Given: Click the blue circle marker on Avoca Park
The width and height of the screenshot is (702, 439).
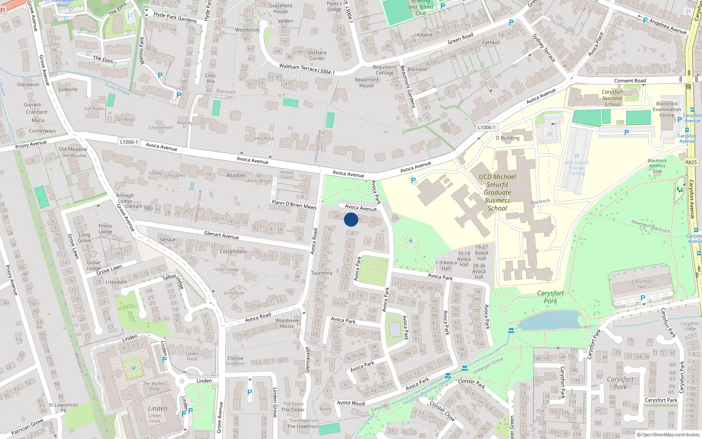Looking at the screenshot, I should point(351,219).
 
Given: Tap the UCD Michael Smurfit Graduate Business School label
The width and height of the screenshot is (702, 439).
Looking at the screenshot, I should point(497,192).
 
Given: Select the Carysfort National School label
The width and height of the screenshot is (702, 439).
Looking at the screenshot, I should point(612,98).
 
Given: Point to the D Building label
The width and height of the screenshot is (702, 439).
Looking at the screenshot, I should point(507,138).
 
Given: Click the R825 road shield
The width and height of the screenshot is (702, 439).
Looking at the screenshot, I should point(691,162).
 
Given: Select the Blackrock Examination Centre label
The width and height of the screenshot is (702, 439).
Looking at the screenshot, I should point(667,109).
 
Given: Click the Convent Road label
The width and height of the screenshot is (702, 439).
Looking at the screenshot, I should point(630,81).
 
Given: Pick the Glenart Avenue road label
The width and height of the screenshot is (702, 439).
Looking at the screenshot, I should point(222,235).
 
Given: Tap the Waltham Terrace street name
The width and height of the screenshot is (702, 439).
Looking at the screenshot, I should point(298,68).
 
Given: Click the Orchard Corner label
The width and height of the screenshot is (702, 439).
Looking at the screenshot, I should point(317,55).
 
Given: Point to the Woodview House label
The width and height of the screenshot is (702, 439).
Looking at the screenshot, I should point(287,323).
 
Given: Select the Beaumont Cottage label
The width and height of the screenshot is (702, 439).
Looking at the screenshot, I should point(384,70).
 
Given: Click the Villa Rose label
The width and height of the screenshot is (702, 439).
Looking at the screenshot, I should point(264,138).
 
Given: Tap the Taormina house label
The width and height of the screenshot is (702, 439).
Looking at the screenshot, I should point(322,273).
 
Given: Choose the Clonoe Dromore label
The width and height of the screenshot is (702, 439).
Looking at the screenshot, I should point(236,361).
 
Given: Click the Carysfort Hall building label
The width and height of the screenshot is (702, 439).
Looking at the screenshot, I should point(641,284).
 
